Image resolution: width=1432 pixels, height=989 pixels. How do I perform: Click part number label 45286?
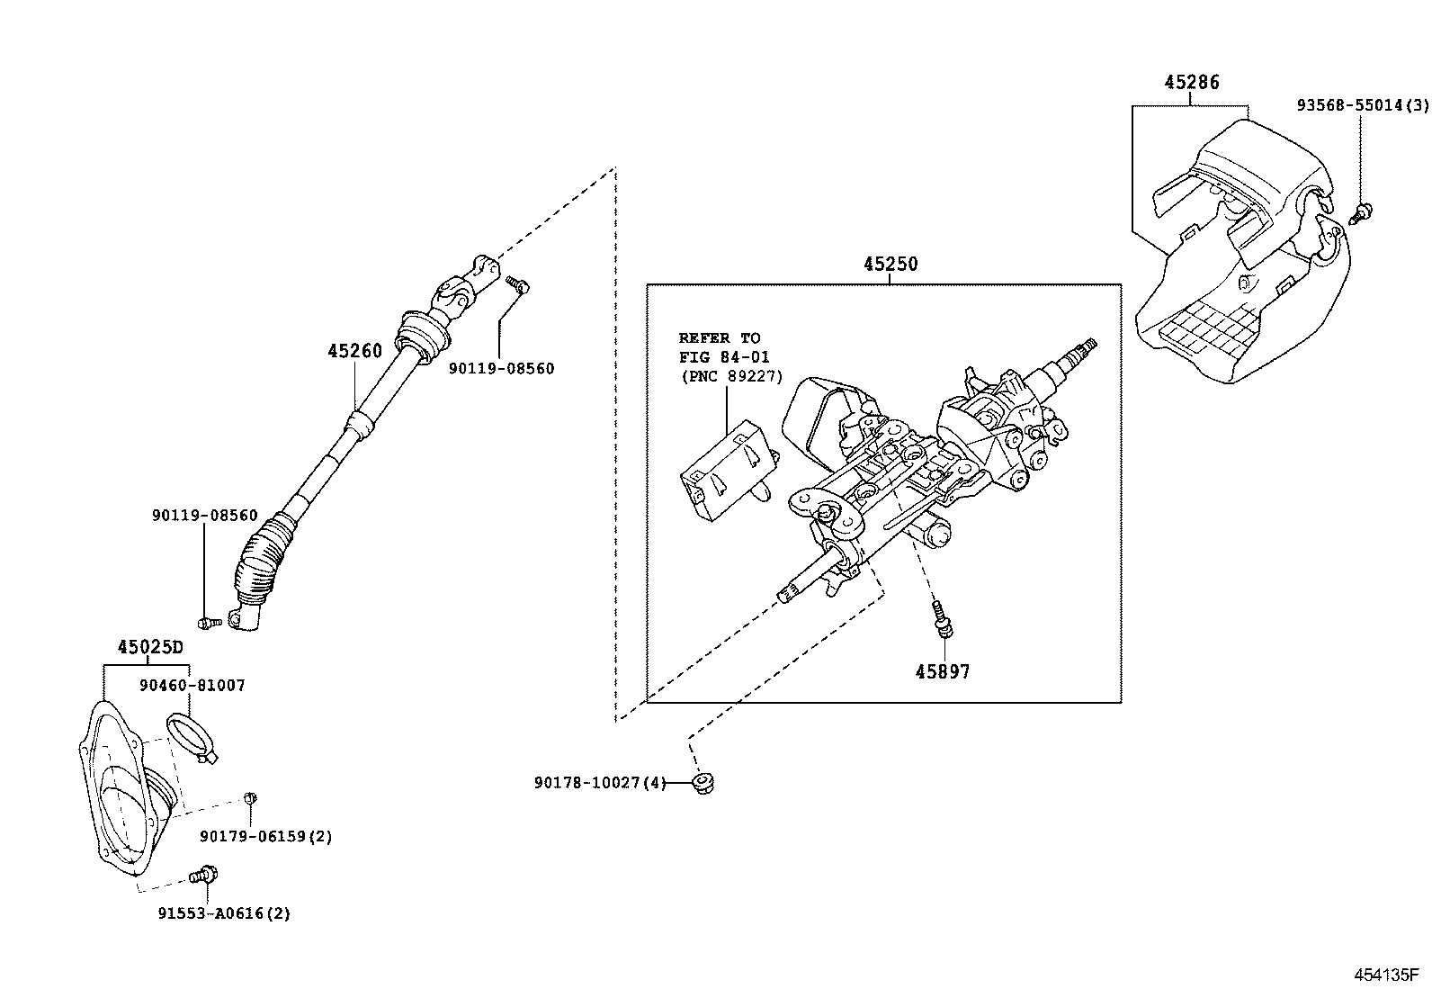click(x=1191, y=83)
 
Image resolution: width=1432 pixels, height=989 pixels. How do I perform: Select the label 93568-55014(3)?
click(x=1361, y=105)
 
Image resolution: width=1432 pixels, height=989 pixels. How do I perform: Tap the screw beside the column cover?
click(x=1362, y=213)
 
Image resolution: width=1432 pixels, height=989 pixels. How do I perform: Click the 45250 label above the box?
click(x=891, y=265)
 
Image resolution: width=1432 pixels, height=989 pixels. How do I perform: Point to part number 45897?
click(x=943, y=671)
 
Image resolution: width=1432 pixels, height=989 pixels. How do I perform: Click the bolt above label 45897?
click(x=943, y=619)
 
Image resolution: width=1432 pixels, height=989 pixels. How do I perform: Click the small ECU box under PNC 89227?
click(x=727, y=471)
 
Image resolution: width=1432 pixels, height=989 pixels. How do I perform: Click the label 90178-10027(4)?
click(x=599, y=783)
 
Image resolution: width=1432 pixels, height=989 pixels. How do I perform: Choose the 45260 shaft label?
click(x=354, y=351)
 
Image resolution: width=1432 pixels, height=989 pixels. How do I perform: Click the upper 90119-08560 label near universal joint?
click(x=501, y=368)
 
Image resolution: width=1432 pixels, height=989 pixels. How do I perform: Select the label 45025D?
click(x=149, y=648)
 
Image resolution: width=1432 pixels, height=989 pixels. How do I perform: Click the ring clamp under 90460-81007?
click(x=190, y=733)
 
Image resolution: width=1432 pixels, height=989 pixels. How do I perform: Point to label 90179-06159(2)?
click(x=265, y=837)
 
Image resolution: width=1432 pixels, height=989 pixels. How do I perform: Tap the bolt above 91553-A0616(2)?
click(x=206, y=873)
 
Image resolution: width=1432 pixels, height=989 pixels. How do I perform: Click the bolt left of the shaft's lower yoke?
click(x=208, y=622)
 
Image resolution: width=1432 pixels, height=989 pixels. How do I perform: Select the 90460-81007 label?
click(x=192, y=686)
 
